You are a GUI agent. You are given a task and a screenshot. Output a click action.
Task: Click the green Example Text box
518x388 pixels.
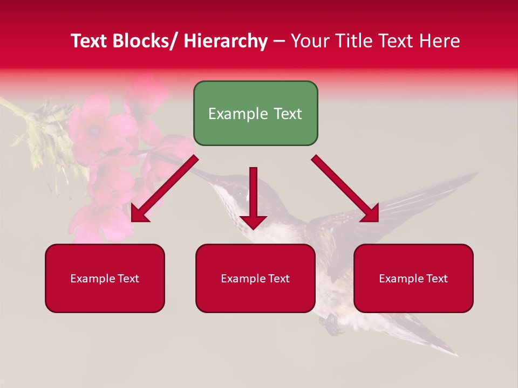(255, 113)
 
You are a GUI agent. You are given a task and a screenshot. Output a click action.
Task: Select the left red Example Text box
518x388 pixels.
(105, 278)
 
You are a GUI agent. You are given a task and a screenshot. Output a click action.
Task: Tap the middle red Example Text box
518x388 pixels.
(255, 278)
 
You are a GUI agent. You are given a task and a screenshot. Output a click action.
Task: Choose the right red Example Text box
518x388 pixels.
(413, 278)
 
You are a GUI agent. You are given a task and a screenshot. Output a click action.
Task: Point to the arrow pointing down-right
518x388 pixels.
(346, 189)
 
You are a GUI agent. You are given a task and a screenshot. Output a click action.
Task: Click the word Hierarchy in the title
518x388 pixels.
(226, 41)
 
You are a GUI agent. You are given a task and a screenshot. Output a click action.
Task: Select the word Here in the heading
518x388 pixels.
(440, 41)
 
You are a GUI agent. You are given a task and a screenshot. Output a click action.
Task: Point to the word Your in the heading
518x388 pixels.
(309, 41)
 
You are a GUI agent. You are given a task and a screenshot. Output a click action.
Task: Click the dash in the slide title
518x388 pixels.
(279, 42)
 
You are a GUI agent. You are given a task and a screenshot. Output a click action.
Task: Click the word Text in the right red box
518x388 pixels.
(436, 278)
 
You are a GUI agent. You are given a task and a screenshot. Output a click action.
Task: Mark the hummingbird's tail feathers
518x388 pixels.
(432, 339)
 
